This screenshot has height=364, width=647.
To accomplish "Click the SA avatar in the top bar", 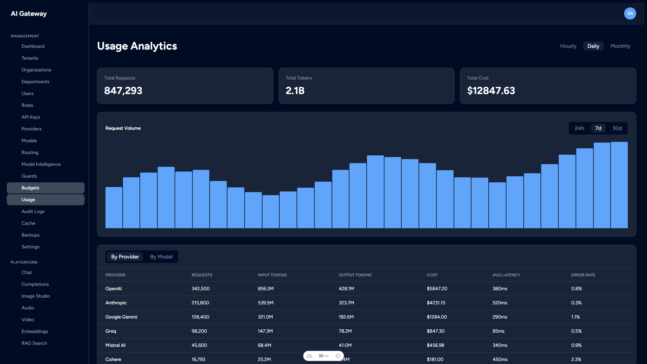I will click(630, 13).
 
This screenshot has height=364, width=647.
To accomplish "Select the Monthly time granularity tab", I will click(620, 46).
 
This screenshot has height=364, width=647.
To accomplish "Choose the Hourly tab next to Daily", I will click(568, 46).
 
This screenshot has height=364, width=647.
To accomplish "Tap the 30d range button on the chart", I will click(617, 128).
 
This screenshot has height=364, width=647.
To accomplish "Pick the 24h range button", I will click(579, 128).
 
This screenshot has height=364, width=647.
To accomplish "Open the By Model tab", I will click(161, 257).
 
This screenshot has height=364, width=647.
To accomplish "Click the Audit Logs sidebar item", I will click(33, 211).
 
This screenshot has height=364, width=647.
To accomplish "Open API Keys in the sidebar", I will click(31, 117).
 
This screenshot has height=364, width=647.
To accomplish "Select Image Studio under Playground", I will click(36, 296).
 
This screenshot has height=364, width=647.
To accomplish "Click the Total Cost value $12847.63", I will click(491, 91).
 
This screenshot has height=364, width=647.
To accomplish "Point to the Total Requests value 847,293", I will click(123, 91).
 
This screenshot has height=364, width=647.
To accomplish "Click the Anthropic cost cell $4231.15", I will click(436, 303).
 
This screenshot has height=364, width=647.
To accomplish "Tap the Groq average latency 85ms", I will click(498, 331).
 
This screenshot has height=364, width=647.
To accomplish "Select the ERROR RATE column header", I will click(583, 275).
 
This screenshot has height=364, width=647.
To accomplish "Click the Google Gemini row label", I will click(121, 317).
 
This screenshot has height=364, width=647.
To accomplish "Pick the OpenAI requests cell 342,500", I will click(201, 289).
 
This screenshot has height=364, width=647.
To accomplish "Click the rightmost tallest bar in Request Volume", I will click(619, 185).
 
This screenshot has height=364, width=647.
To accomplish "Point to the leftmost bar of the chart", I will click(114, 208).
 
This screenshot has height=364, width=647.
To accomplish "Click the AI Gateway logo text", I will click(29, 13).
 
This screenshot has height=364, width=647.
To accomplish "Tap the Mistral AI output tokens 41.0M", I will click(345, 345).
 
